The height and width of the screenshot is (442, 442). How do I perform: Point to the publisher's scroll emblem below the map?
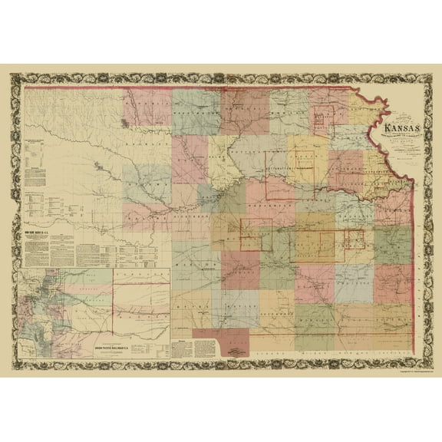point(242,351)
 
